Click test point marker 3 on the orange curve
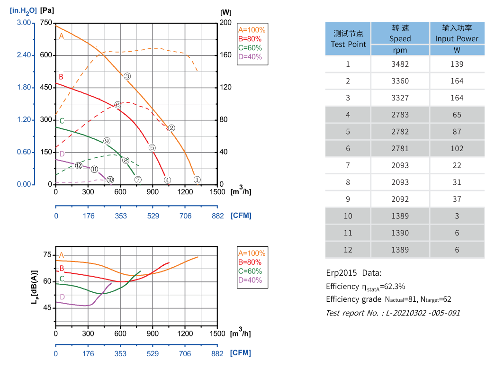click(127, 76)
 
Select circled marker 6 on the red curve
click(117, 105)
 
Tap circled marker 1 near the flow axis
click(197, 180)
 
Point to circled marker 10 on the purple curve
click(110, 180)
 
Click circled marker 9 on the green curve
click(107, 141)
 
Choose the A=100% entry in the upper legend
click(252, 29)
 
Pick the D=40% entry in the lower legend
click(250, 280)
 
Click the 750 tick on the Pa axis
click(46, 23)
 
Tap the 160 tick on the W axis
click(225, 55)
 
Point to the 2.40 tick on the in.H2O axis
click(24, 55)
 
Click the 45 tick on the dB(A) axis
click(46, 307)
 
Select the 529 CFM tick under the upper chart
click(153, 216)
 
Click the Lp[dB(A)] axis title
click(34, 287)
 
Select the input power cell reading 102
click(457, 148)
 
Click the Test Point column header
click(348, 39)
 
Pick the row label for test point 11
click(348, 233)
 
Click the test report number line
click(393, 313)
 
